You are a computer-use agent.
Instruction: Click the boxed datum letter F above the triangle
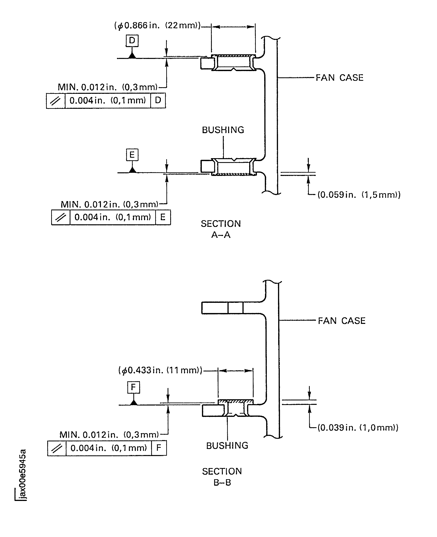click(133, 387)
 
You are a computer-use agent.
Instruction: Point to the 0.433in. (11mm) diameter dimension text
click(160, 370)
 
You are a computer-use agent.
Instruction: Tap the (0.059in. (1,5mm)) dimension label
click(359, 195)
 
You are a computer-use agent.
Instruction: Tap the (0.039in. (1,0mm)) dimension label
click(358, 428)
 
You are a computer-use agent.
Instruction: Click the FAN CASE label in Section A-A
click(339, 78)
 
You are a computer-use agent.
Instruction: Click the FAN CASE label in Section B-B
click(341, 321)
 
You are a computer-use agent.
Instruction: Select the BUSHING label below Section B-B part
click(227, 446)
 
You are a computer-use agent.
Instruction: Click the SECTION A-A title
click(221, 229)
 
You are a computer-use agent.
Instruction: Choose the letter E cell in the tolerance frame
click(163, 217)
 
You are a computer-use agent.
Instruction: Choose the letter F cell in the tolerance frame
click(159, 448)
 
